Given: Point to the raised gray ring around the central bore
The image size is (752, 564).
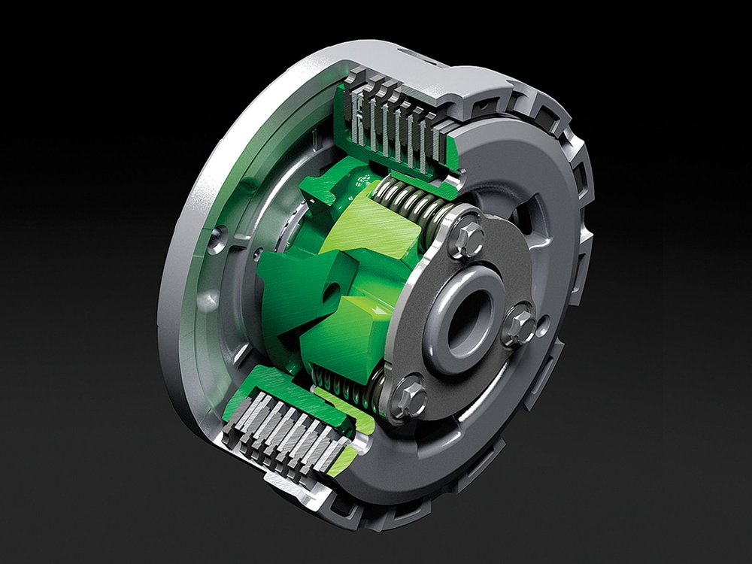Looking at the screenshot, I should pos(451,338).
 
